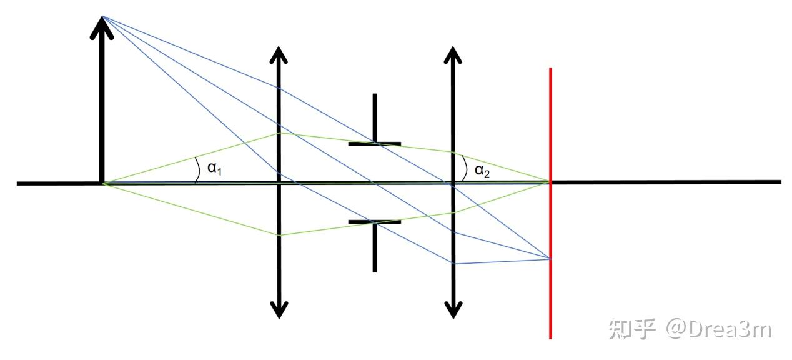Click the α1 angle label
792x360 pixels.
pyautogui.click(x=214, y=168)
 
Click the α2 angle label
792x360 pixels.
pyautogui.click(x=483, y=171)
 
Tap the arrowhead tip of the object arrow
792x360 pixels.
pyautogui.click(x=102, y=17)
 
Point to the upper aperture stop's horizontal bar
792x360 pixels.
pyautogui.click(x=374, y=144)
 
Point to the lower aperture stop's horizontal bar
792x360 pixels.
pyautogui.click(x=374, y=222)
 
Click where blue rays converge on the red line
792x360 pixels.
pyautogui.click(x=550, y=258)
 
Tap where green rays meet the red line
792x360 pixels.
pyautogui.click(x=550, y=182)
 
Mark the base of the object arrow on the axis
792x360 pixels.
pyautogui.click(x=102, y=182)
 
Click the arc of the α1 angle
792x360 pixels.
pyautogui.click(x=197, y=169)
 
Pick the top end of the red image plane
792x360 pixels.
pyautogui.click(x=550, y=69)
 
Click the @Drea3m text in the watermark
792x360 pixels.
pyautogui.click(x=718, y=329)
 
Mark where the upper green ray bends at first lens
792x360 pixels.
pyautogui.click(x=279, y=133)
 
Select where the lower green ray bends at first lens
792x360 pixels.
pyautogui.click(x=279, y=235)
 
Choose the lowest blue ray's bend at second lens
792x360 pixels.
pyautogui.click(x=453, y=263)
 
